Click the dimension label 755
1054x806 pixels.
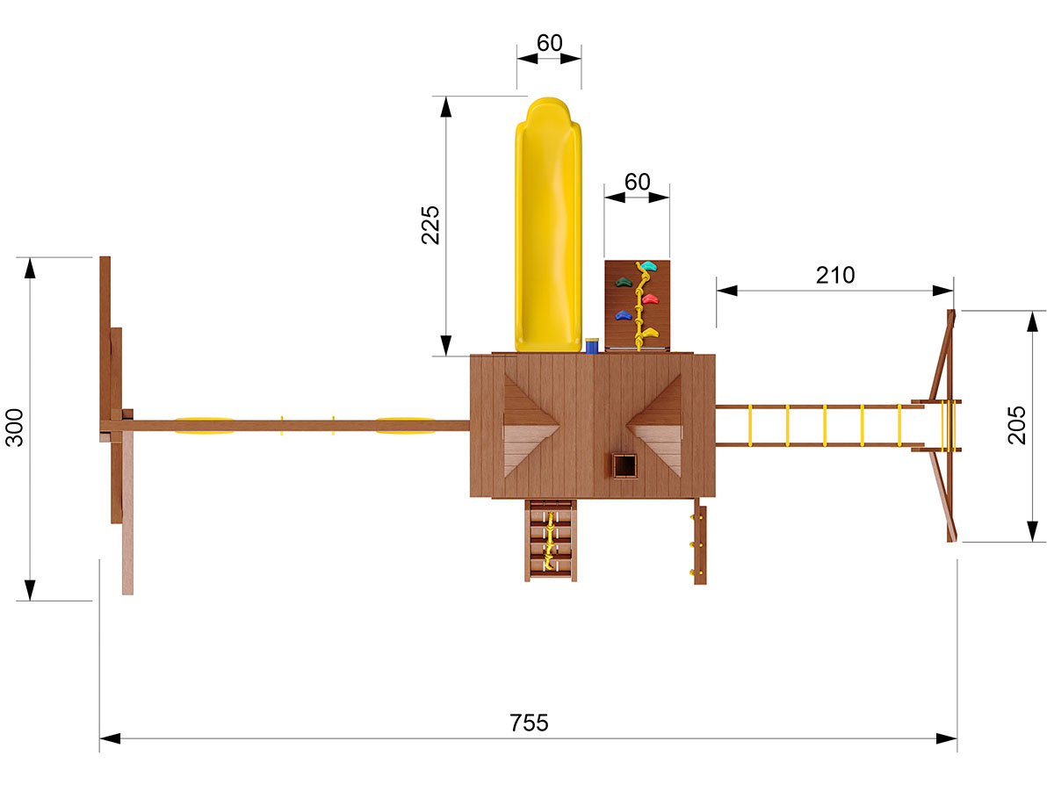coord(529,723)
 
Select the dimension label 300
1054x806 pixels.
coord(14,428)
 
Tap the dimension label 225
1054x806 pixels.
coord(430,225)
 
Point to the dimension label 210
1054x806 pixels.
coord(835,275)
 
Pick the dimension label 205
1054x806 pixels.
coord(1016,425)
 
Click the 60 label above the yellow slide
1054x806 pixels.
coord(549,43)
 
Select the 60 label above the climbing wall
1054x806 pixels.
coord(637,182)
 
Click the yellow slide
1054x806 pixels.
coord(548,225)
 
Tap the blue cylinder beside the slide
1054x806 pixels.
coord(592,346)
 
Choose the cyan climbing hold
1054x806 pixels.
coord(648,265)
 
